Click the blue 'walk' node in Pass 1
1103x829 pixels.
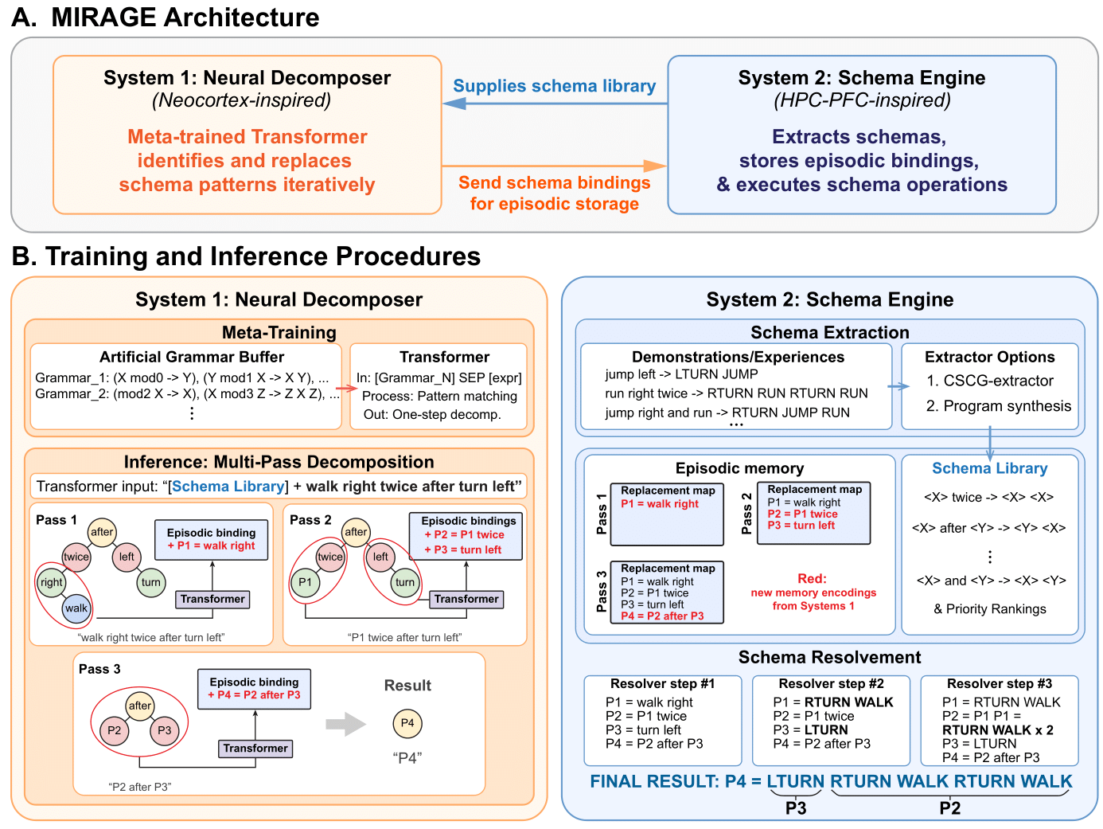click(76, 608)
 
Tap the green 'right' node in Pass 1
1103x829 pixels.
click(52, 582)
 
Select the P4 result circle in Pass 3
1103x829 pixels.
click(407, 723)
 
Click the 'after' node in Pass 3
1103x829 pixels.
click(140, 706)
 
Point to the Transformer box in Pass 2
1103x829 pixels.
click(466, 599)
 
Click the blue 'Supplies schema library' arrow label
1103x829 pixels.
click(555, 86)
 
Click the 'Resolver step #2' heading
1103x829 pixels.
click(831, 683)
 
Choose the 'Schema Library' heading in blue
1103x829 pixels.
click(989, 468)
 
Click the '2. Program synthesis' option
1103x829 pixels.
click(998, 406)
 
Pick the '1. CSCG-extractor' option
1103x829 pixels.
click(990, 381)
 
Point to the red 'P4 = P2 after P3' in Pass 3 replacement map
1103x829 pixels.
click(662, 616)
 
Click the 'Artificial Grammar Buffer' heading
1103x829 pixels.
click(191, 357)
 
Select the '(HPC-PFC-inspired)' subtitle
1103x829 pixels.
click(862, 100)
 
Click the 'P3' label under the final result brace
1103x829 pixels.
click(796, 808)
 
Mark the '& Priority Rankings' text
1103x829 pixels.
click(990, 609)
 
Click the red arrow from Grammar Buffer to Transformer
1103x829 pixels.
click(346, 388)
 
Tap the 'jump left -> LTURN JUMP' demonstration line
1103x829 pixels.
click(681, 374)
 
